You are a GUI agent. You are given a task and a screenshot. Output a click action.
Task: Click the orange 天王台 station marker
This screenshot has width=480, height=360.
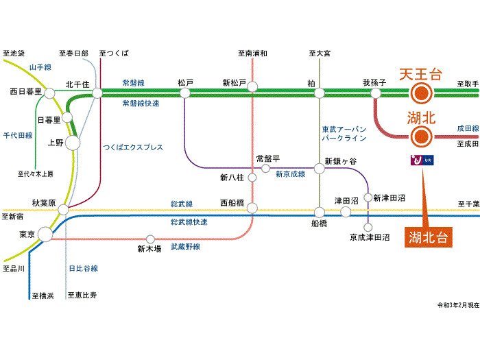coord(421,93)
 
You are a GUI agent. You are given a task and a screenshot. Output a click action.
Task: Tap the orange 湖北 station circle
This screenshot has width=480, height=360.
coord(421,138)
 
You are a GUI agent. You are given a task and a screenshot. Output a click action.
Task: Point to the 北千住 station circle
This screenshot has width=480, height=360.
coord(97,93)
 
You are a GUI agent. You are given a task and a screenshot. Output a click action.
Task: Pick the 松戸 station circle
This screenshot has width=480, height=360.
coord(185,93)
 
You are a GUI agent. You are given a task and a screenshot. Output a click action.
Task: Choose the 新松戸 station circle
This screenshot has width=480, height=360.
coord(252,87)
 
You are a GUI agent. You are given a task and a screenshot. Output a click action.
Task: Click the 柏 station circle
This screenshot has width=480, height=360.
coord(319,93)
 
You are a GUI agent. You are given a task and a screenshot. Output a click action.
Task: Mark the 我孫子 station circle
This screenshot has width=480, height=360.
coord(376,93)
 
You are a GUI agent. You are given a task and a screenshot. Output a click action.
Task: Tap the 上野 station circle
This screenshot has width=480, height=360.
coord(72,143)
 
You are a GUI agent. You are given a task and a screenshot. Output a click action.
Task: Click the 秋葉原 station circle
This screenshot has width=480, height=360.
coord(63,209)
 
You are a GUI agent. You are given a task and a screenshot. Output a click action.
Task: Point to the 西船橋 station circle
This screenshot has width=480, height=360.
coord(252,208)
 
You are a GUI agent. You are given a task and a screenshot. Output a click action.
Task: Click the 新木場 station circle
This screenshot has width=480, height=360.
coord(150,239)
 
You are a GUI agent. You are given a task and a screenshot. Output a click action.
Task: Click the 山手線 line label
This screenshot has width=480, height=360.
coord(40,67)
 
